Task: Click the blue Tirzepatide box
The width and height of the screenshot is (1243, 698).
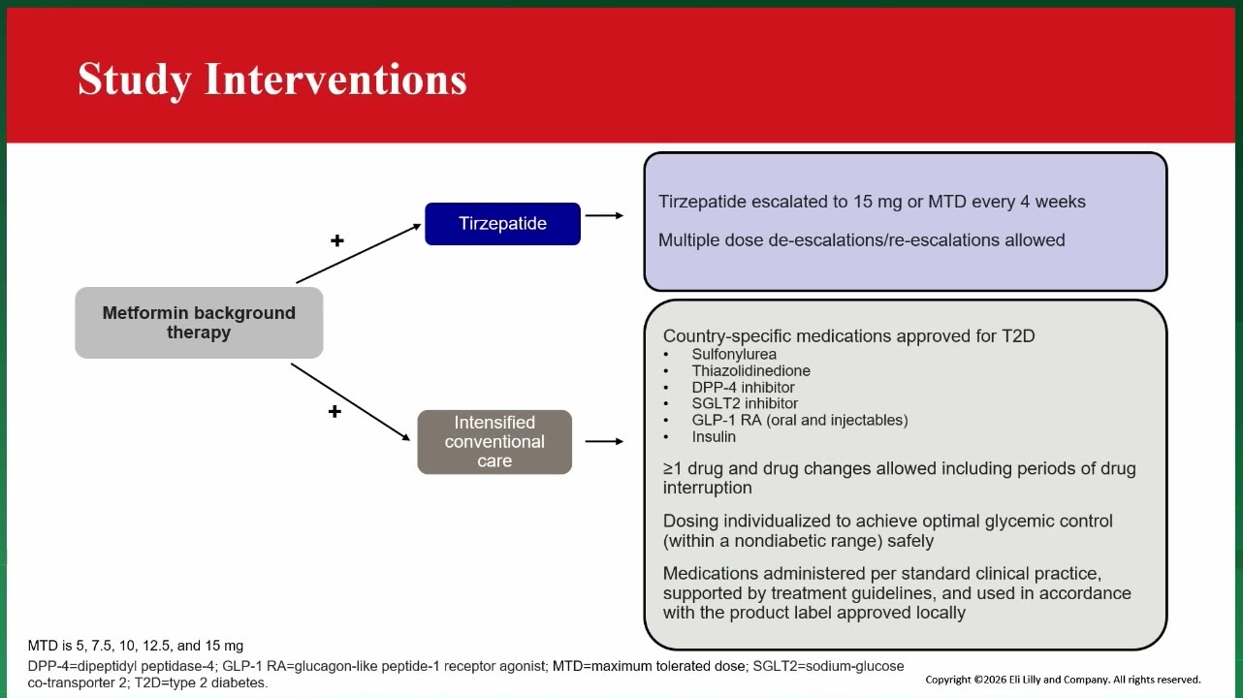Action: click(x=503, y=224)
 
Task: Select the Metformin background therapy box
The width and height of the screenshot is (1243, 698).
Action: click(x=199, y=323)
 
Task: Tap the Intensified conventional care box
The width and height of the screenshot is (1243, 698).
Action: click(x=494, y=442)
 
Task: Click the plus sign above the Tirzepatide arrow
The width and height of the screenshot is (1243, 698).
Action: click(x=336, y=240)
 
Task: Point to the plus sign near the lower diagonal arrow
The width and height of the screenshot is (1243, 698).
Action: click(x=335, y=412)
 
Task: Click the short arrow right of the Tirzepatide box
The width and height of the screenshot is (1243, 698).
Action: click(x=604, y=215)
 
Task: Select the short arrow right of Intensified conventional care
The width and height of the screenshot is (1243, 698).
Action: click(x=604, y=442)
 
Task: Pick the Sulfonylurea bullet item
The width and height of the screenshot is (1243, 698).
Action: click(x=734, y=354)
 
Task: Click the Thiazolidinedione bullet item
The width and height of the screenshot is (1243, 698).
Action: click(x=750, y=370)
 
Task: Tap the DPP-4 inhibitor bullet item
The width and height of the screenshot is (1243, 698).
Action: click(x=743, y=387)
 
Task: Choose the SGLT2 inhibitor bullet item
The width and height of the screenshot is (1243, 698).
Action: click(x=745, y=403)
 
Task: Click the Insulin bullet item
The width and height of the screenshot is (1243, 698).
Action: click(x=714, y=436)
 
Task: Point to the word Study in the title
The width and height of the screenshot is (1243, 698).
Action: click(x=134, y=80)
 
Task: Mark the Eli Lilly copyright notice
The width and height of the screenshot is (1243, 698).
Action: click(x=1063, y=680)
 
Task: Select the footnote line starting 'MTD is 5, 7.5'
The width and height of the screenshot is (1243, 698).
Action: click(x=136, y=646)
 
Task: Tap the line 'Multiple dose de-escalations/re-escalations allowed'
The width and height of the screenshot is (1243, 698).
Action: click(x=861, y=240)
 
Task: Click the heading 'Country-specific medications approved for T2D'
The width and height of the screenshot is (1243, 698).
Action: click(x=849, y=336)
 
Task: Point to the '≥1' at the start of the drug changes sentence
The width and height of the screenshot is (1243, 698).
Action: click(x=673, y=469)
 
